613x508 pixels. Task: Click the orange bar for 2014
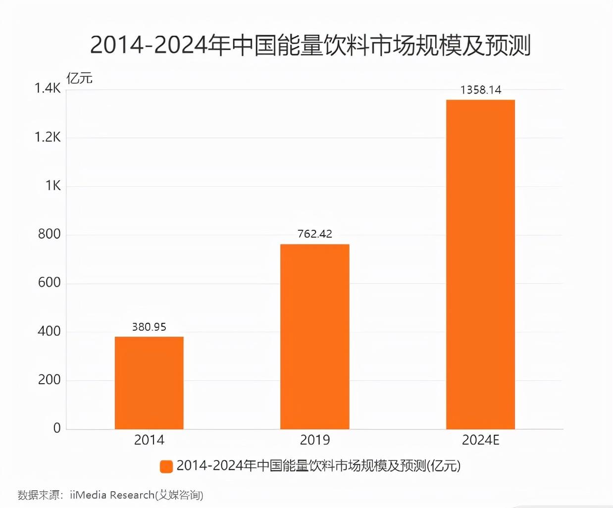click(149, 383)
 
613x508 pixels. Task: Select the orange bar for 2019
click(314, 337)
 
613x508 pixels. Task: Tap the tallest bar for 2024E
click(480, 264)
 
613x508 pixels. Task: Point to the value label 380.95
click(149, 327)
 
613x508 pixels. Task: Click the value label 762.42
click(314, 234)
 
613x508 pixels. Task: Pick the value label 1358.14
click(480, 90)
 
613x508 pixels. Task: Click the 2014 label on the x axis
click(149, 440)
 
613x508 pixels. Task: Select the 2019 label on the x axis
click(314, 440)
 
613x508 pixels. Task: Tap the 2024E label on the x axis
click(480, 440)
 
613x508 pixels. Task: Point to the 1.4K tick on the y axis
click(48, 88)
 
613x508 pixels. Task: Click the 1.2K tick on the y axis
click(48, 137)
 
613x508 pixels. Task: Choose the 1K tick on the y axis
click(53, 186)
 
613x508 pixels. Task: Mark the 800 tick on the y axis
click(49, 234)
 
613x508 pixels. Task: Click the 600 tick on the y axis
click(49, 282)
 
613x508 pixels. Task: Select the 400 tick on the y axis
click(49, 331)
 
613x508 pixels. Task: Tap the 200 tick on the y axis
click(49, 380)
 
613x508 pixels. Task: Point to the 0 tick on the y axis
click(57, 428)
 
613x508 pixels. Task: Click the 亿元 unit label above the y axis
click(79, 78)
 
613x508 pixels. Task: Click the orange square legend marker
click(166, 466)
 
